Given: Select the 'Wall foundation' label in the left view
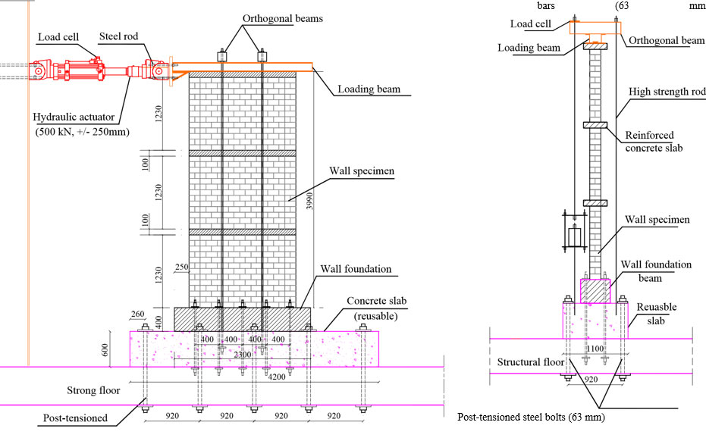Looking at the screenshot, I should pyautogui.click(x=355, y=268).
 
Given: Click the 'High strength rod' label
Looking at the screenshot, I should pyautogui.click(x=666, y=91).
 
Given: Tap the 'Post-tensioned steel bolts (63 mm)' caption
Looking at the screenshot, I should pyautogui.click(x=531, y=417).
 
